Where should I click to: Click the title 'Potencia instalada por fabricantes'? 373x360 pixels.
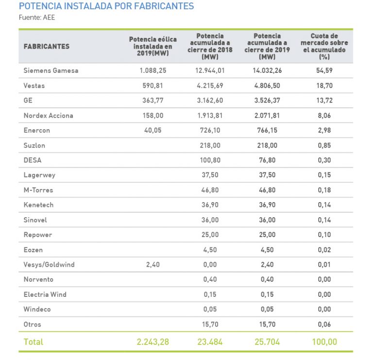tap(106, 6)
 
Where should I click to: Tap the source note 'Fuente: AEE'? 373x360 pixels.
tap(37, 18)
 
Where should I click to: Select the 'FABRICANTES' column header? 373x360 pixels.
tap(47, 47)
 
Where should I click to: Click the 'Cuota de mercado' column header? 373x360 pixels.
tap(324, 46)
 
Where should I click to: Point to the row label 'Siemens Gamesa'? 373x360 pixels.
tap(51, 70)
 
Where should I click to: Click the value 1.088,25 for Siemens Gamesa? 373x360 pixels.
tap(153, 70)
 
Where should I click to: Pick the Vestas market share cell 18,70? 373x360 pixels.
tap(324, 86)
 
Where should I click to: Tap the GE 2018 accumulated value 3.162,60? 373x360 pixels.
tap(210, 101)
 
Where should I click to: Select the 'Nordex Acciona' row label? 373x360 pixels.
tap(49, 116)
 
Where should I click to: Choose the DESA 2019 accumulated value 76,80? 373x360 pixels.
tap(268, 160)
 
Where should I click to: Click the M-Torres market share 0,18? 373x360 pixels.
tap(324, 190)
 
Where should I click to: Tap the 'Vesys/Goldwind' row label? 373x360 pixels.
tap(49, 265)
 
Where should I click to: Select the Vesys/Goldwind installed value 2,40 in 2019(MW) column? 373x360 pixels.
tap(153, 265)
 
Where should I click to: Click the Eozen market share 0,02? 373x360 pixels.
tap(324, 250)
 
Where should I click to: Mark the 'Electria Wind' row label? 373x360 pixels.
tap(45, 294)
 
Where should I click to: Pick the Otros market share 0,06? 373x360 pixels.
tap(324, 325)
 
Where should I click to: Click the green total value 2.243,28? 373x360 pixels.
tap(153, 342)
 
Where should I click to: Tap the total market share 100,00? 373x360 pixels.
tap(324, 342)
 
